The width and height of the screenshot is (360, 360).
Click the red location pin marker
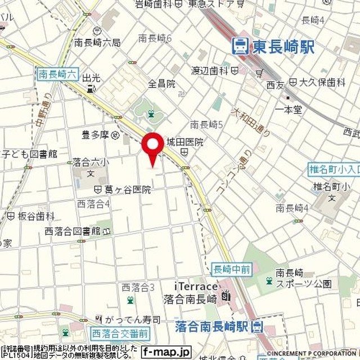click(152, 147)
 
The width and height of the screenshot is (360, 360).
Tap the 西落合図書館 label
click(73, 231)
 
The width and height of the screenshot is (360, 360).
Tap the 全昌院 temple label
click(162, 83)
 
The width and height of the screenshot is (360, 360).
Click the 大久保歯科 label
click(322, 82)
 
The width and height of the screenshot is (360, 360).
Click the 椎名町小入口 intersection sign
click(334, 168)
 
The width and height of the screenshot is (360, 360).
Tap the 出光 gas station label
click(91, 79)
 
